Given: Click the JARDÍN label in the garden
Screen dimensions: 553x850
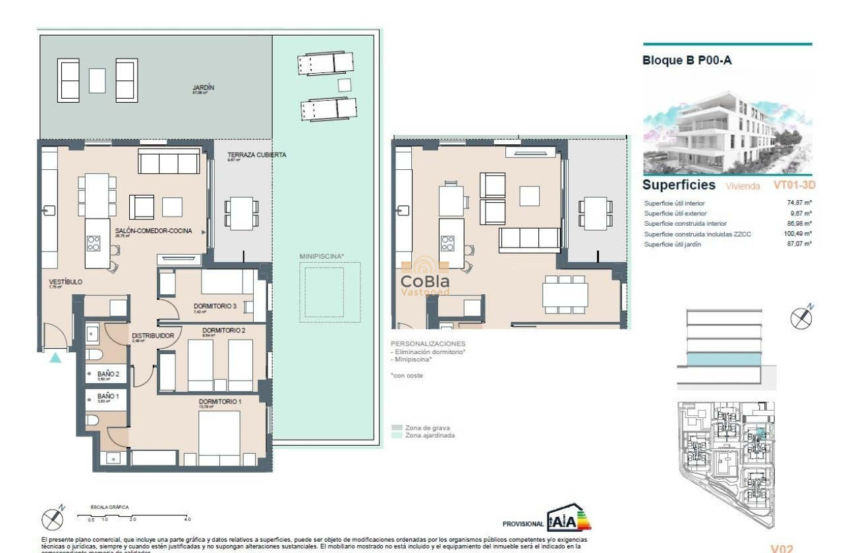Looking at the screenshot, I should [x=204, y=88].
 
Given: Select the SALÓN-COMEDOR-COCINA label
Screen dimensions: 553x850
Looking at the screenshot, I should [x=154, y=231].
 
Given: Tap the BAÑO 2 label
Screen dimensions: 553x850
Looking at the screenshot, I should [x=108, y=374].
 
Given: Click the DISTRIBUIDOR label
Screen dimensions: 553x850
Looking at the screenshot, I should [x=152, y=335].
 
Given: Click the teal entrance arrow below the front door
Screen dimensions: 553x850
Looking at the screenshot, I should [x=56, y=357].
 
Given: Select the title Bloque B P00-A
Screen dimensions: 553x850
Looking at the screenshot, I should [x=687, y=61].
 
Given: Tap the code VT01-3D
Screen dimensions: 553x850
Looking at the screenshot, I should [x=794, y=186].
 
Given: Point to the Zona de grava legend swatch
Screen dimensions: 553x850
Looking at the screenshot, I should [x=397, y=428].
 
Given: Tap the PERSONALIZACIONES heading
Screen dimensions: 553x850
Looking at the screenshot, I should [x=428, y=344].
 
